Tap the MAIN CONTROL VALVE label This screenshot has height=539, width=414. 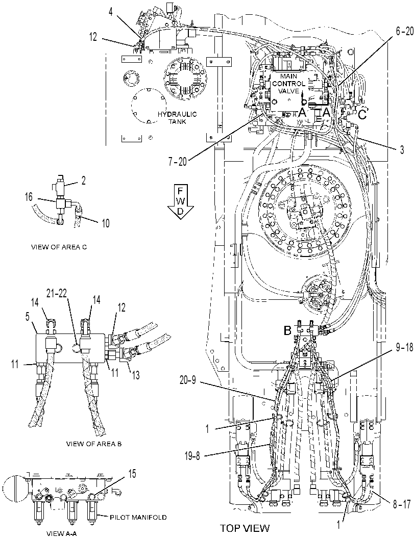coord(289,84)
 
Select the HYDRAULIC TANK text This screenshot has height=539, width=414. coord(177,118)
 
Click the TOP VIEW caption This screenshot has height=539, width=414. coord(245,528)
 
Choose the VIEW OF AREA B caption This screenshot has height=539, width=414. coord(93,444)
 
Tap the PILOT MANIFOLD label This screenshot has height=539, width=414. coord(138,517)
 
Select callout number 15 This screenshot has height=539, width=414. coord(132,474)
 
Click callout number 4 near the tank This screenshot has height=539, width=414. coord(110,12)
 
